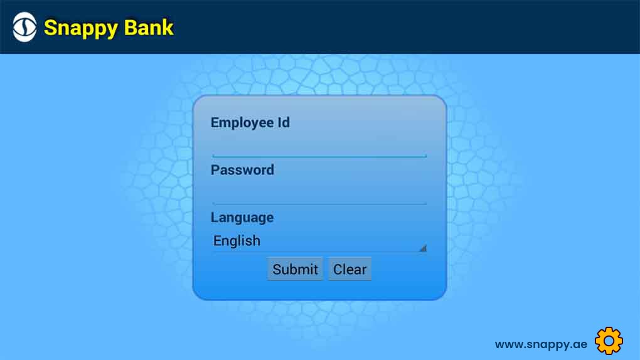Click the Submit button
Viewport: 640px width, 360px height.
point(295,268)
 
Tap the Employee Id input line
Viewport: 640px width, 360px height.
point(319,156)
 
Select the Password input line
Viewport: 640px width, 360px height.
point(319,203)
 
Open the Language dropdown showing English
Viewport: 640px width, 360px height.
point(319,241)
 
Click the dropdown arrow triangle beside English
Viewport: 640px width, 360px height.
point(424,248)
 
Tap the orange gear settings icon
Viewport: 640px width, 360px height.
point(609,341)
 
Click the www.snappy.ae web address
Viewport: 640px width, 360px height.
point(541,344)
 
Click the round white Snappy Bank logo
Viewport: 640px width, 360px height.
point(24,28)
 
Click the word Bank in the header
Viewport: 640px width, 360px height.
point(149,28)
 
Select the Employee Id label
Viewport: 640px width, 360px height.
point(250,122)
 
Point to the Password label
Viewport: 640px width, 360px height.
point(242,170)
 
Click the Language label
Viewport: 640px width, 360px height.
point(242,218)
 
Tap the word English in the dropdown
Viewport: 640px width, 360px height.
point(237,241)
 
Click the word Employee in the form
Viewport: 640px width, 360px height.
point(242,123)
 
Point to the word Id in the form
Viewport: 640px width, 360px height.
point(284,122)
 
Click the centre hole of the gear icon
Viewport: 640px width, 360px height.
point(609,341)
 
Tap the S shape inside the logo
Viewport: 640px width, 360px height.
point(24,28)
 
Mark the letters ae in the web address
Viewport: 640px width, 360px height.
point(580,345)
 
